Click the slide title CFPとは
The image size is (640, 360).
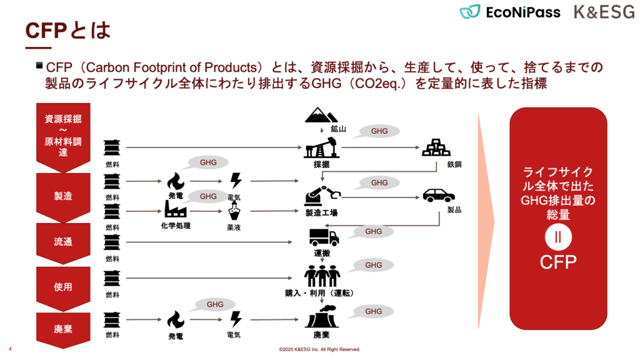point(67,31)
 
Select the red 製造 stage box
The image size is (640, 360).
point(63,196)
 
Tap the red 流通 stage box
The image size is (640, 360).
point(63,241)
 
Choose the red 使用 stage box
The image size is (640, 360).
point(63,286)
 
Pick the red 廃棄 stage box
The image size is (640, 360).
point(63,328)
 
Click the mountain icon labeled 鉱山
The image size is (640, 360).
point(322,116)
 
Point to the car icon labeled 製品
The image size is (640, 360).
point(439,195)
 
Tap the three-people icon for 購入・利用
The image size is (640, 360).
point(322,276)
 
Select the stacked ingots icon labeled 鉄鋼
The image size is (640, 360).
point(437,147)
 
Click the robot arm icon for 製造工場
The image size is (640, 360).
point(322,195)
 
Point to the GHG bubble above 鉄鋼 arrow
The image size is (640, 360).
point(379,132)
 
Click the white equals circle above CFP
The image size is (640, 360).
point(558,237)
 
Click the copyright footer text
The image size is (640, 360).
point(319,349)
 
